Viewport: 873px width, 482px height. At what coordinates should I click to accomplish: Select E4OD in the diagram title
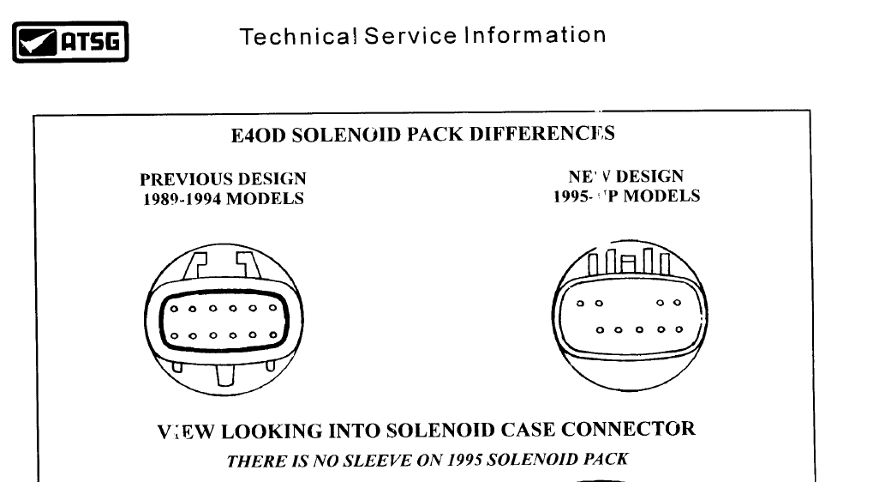click(260, 135)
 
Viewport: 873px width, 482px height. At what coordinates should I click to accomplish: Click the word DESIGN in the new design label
click(649, 178)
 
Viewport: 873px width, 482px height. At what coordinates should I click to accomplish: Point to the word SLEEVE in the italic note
click(374, 460)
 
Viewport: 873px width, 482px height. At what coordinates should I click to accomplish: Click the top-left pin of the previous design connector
click(174, 309)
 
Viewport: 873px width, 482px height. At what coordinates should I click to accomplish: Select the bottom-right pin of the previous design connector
click(271, 336)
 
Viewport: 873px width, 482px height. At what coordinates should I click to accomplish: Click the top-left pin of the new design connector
click(580, 303)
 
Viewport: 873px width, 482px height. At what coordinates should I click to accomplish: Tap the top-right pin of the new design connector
click(677, 303)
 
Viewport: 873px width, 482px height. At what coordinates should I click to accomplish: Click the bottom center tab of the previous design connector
click(225, 375)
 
